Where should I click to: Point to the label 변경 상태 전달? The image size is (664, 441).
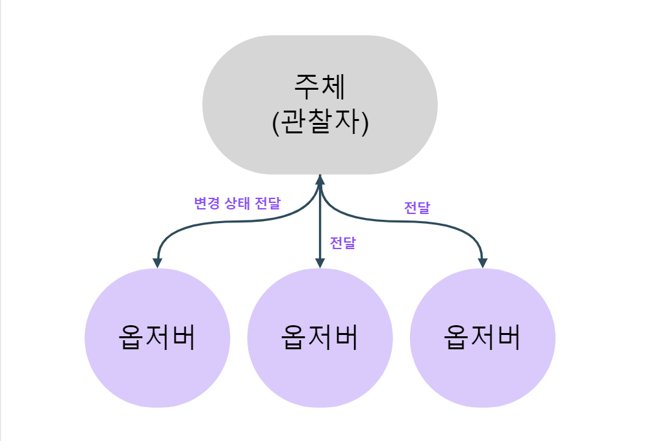click(237, 203)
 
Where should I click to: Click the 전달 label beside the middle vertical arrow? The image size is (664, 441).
click(342, 243)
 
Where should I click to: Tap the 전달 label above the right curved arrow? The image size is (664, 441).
click(417, 208)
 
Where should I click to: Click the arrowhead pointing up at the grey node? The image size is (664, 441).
click(320, 180)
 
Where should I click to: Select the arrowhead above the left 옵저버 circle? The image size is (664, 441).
click(157, 262)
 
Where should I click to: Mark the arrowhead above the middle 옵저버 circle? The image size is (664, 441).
click(320, 262)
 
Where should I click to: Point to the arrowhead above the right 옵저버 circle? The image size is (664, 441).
click(482, 262)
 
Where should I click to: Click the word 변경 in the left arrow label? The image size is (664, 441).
click(205, 203)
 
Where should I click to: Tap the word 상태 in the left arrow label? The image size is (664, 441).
click(237, 203)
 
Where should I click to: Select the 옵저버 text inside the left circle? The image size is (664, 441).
click(157, 338)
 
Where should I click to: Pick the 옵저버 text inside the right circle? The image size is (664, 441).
click(482, 338)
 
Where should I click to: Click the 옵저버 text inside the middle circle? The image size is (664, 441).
click(320, 338)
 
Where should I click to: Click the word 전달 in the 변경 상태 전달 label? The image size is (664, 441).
click(268, 203)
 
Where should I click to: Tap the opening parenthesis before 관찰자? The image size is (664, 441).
click(276, 123)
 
